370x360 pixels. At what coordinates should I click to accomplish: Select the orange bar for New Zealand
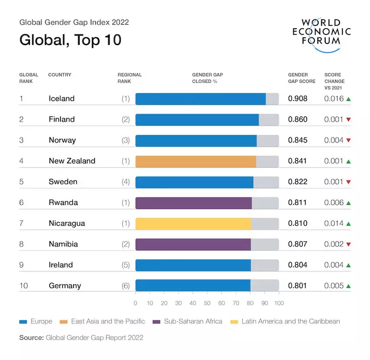coord(195,161)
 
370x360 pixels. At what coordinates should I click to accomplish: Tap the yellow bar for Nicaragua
coord(193,223)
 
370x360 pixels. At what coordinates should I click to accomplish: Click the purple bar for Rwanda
coord(193,203)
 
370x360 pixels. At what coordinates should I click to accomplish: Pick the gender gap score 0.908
coord(298,99)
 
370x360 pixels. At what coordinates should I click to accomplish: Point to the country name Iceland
coord(61,99)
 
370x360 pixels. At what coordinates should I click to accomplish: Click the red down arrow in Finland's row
coord(348,120)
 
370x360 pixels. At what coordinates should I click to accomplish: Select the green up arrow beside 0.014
coord(348,224)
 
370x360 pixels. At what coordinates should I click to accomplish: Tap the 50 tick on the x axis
coord(207,303)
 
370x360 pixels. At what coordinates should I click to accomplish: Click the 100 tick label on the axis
coord(279,303)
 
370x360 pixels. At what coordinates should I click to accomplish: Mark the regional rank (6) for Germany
coord(126,286)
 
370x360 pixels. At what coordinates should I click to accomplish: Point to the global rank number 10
coord(24,286)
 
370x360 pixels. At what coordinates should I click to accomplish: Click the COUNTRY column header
coord(60,75)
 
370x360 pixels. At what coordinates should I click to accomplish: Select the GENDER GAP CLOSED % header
coord(207,78)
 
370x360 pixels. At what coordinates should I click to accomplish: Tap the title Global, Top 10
coord(70,40)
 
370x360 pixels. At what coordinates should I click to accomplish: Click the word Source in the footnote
coord(31,337)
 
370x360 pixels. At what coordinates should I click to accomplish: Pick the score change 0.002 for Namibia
coord(334,244)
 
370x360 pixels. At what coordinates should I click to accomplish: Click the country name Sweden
coord(63,182)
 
